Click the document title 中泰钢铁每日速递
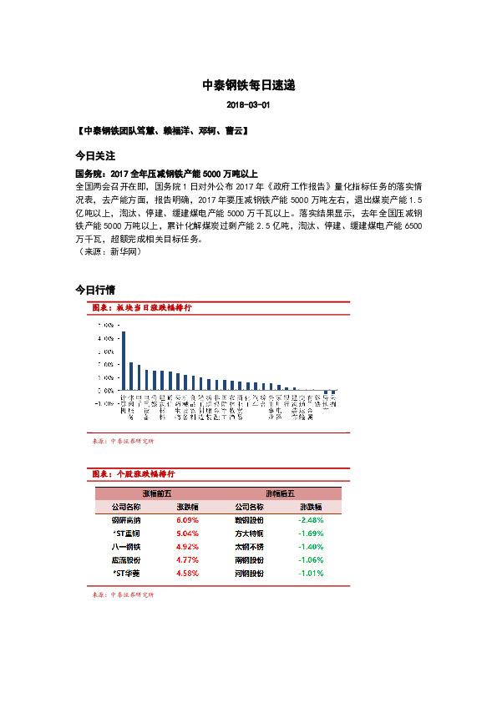click(248, 85)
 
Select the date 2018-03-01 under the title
click(248, 106)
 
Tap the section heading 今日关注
click(94, 156)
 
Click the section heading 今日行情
click(94, 291)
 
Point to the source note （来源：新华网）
click(107, 251)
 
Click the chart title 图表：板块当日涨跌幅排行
click(142, 308)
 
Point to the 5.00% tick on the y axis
click(105, 326)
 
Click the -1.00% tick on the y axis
click(104, 403)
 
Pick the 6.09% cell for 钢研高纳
click(187, 519)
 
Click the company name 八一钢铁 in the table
click(125, 546)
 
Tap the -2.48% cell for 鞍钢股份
click(312, 519)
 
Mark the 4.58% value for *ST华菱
click(187, 574)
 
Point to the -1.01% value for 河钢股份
click(312, 574)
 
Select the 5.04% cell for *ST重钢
click(187, 533)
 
